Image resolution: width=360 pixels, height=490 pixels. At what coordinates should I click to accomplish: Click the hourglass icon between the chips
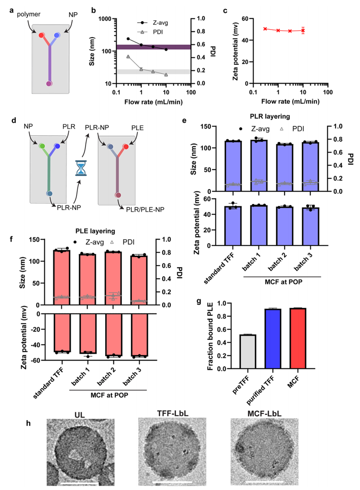point(81,168)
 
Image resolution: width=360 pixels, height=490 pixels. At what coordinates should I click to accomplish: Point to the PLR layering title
point(270,116)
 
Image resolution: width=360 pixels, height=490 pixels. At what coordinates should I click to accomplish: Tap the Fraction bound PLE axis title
point(210,336)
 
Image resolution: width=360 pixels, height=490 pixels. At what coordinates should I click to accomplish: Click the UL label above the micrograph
point(80,415)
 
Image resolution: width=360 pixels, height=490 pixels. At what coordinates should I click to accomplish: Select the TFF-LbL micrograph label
point(173,414)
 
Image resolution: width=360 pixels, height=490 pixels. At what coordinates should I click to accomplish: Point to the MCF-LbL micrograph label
point(264,414)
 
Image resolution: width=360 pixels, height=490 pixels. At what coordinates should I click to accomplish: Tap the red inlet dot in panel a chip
point(41,35)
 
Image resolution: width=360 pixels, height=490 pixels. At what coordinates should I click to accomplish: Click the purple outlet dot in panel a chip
point(49,84)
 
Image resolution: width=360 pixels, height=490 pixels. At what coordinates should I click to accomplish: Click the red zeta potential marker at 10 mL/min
point(303,31)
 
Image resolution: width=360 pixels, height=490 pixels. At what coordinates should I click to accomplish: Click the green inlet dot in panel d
point(42,146)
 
